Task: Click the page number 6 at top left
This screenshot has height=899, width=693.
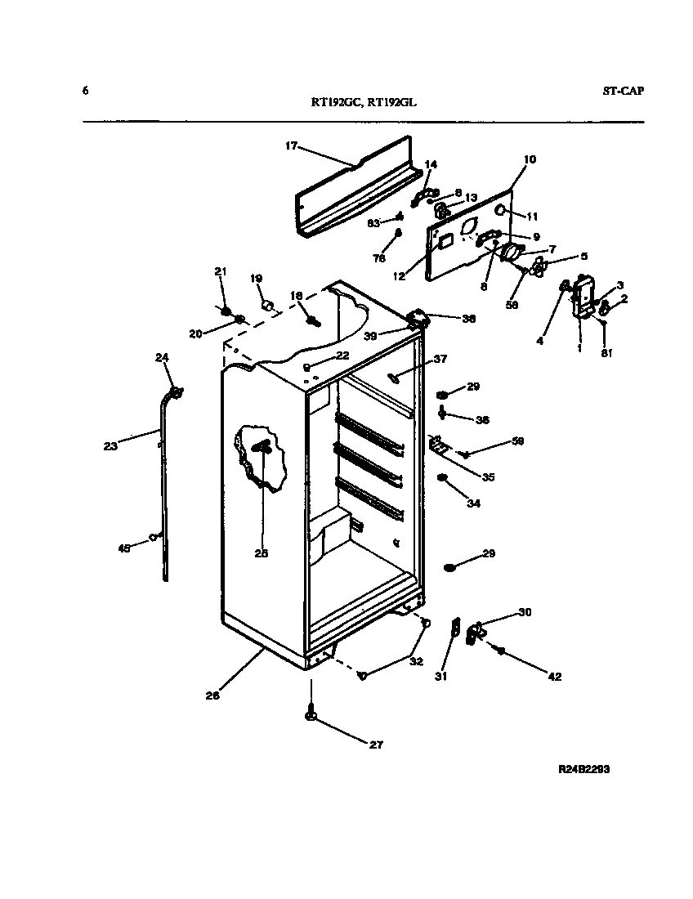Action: pos(85,90)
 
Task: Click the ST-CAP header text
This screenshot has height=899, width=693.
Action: pos(623,91)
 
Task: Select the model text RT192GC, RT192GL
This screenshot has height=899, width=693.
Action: pos(369,103)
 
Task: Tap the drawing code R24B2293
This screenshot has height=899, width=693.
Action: pos(584,769)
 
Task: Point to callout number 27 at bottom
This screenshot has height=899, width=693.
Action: pos(377,745)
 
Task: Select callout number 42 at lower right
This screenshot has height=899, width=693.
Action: pos(554,676)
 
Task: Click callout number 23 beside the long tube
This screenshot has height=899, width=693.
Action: pos(110,446)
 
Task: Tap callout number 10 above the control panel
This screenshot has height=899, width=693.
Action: pos(530,159)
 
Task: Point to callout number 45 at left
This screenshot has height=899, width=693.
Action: pos(124,548)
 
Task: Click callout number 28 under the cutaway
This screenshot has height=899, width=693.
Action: pos(262,553)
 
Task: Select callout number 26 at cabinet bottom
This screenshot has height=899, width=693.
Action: pos(212,696)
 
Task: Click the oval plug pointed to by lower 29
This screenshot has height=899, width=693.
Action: pos(450,566)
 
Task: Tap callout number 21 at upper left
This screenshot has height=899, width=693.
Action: pos(219,271)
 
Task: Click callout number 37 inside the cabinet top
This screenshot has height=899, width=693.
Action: pos(440,359)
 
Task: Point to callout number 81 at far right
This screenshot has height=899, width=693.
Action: pos(606,353)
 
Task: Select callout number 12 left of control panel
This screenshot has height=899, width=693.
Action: pos(399,276)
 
